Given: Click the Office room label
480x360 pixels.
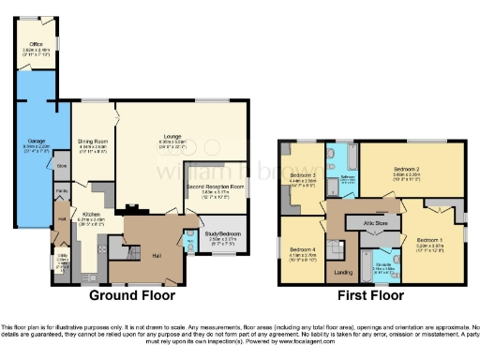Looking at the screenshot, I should [37, 44].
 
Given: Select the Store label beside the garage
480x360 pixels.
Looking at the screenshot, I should [61, 166].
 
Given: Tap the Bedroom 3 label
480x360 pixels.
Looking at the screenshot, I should [303, 175].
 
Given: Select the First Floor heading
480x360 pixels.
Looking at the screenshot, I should [372, 294].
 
